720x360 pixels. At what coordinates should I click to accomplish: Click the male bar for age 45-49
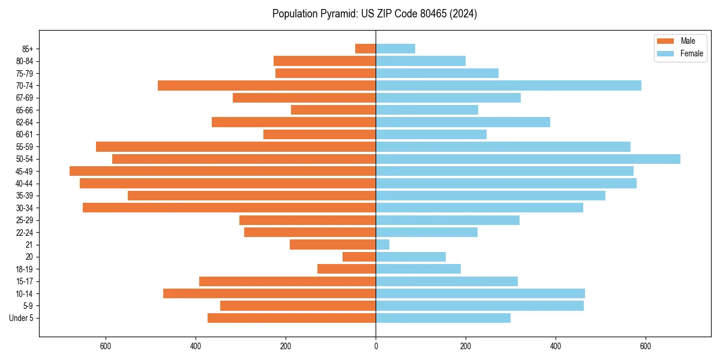[223, 171]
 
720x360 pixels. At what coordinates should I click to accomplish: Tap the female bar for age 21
[383, 244]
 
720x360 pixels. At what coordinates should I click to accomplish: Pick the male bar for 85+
[365, 49]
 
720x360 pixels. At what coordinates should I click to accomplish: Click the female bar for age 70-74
[508, 85]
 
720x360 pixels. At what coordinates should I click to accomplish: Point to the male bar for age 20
[359, 257]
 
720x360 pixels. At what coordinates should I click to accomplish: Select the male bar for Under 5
[292, 318]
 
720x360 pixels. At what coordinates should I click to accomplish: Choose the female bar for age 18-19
[418, 269]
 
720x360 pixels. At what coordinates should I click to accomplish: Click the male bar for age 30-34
[229, 208]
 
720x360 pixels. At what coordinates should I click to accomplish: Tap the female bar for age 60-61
[431, 134]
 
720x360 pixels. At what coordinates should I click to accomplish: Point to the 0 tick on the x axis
[376, 346]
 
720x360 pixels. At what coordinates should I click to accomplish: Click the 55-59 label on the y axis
[25, 146]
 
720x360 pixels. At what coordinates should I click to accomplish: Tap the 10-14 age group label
[25, 293]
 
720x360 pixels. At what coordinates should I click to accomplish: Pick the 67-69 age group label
[25, 98]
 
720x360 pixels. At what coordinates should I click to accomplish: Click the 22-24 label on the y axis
[25, 232]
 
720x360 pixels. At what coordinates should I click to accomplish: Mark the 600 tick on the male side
[106, 346]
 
